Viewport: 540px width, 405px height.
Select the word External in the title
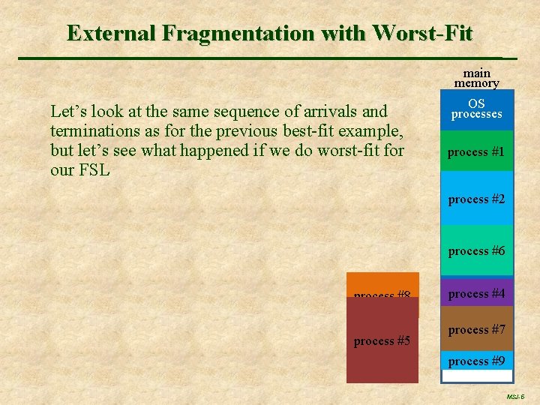click(112, 34)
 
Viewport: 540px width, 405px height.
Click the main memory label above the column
click(476, 78)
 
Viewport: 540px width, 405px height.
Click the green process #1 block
click(476, 152)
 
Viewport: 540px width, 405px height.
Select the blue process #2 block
click(476, 199)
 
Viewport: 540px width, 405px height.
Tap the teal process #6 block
click(476, 250)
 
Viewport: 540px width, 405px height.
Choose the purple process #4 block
click(476, 293)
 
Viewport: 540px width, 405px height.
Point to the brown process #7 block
click(476, 329)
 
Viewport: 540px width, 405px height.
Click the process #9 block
click(476, 361)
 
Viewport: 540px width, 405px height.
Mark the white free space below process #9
click(476, 376)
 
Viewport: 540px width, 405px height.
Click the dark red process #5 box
click(382, 345)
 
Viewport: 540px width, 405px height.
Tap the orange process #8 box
click(382, 284)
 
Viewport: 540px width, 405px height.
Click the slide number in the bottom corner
click(515, 396)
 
